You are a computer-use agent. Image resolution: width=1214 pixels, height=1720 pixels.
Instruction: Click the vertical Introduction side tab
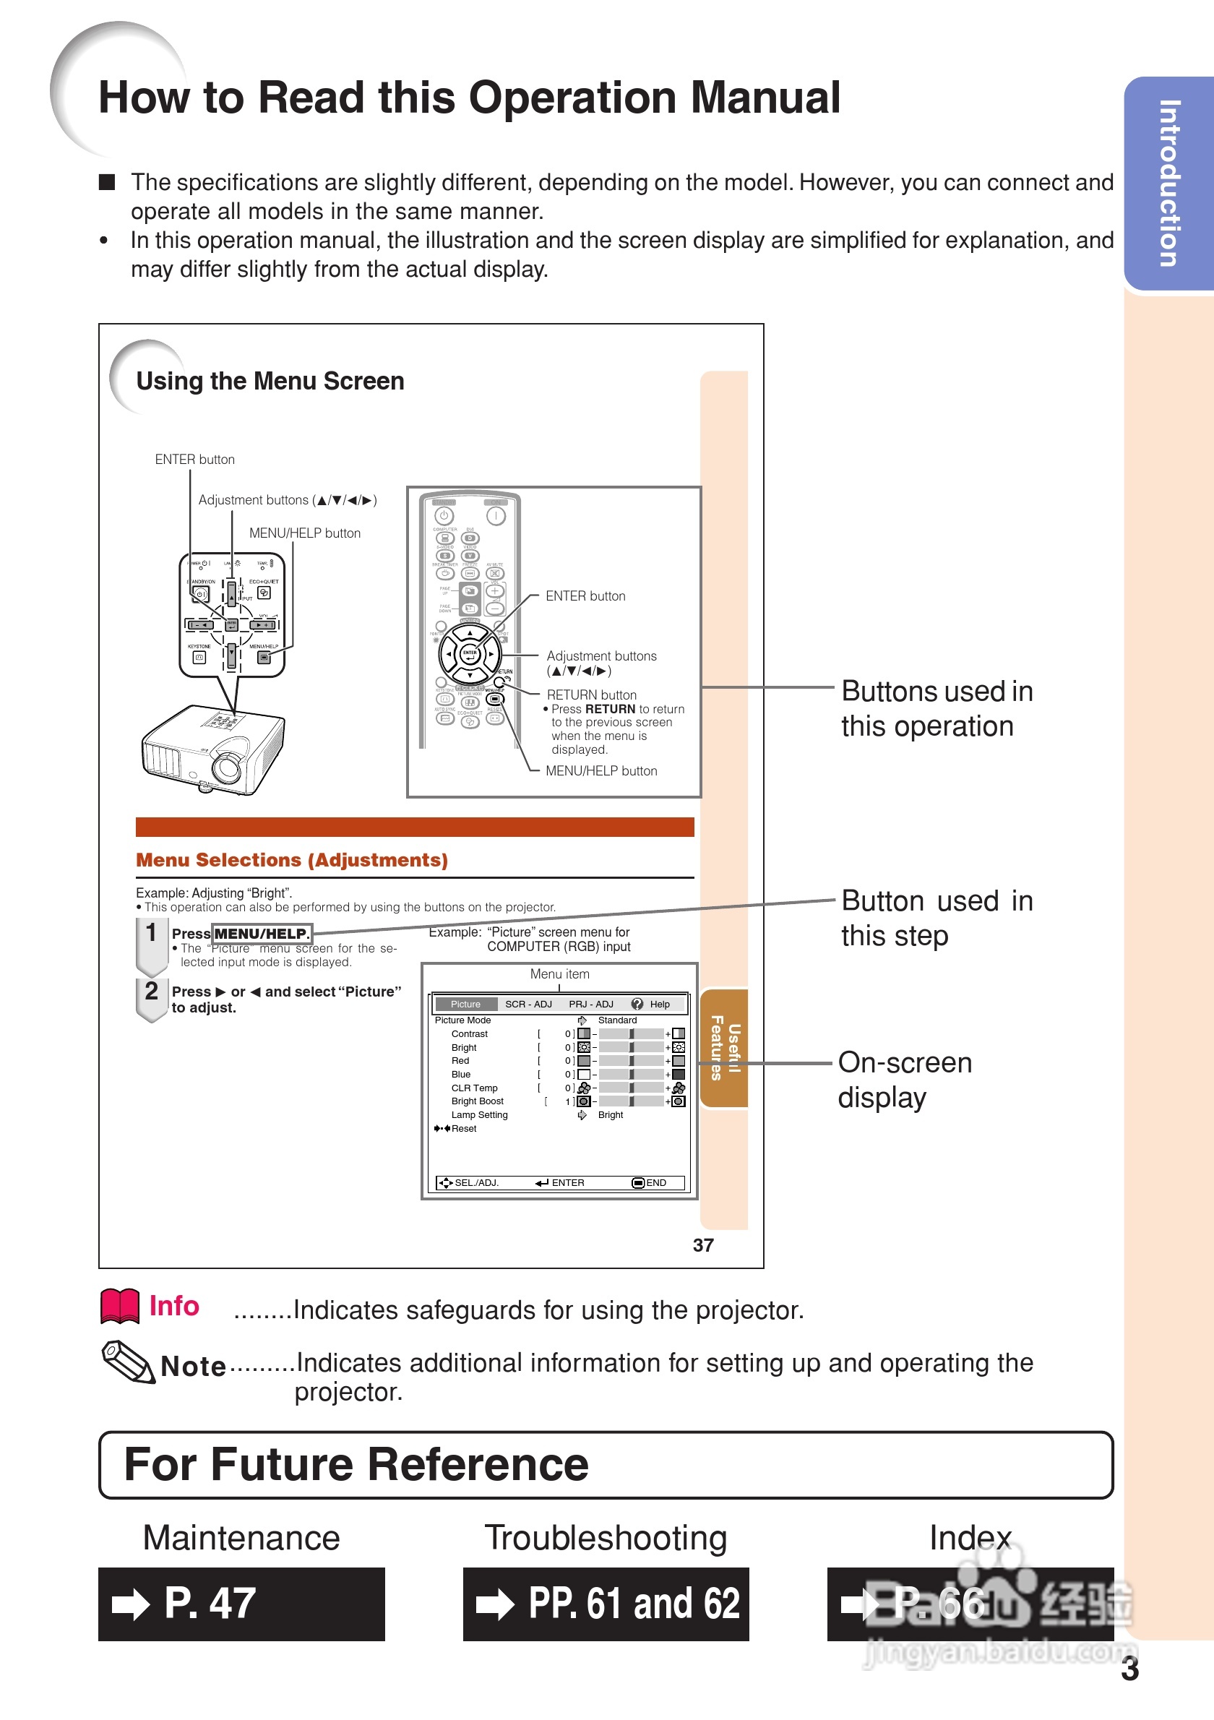[x=1169, y=183]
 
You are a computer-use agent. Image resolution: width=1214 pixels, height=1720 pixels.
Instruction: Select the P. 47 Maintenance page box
[x=241, y=1604]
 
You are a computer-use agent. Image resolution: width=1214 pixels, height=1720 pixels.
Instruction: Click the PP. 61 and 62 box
[x=605, y=1604]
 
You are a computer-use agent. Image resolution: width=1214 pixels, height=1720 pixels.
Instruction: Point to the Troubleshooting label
[x=605, y=1538]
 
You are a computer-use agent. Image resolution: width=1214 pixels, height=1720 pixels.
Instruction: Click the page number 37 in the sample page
[x=702, y=1245]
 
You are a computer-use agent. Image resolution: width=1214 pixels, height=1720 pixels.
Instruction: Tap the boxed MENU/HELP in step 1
[x=262, y=934]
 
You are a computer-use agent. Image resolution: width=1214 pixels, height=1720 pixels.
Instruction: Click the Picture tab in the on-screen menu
[x=465, y=1004]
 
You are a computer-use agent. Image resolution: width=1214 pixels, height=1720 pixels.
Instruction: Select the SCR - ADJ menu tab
[x=528, y=1004]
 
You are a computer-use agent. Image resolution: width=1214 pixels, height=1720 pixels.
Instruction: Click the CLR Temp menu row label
[x=474, y=1088]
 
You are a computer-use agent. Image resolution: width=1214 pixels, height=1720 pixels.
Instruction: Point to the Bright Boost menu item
[x=477, y=1101]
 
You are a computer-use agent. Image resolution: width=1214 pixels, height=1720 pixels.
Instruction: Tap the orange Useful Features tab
[x=724, y=1048]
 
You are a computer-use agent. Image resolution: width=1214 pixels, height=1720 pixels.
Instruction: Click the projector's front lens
[x=225, y=765]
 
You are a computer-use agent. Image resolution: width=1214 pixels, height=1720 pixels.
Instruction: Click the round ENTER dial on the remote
[x=470, y=654]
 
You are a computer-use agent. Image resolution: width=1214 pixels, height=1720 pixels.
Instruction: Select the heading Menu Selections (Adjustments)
[x=291, y=860]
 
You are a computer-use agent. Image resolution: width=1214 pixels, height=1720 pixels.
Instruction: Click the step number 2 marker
[x=151, y=991]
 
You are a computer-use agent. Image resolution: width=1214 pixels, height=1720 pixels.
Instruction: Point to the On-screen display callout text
[x=904, y=1080]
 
